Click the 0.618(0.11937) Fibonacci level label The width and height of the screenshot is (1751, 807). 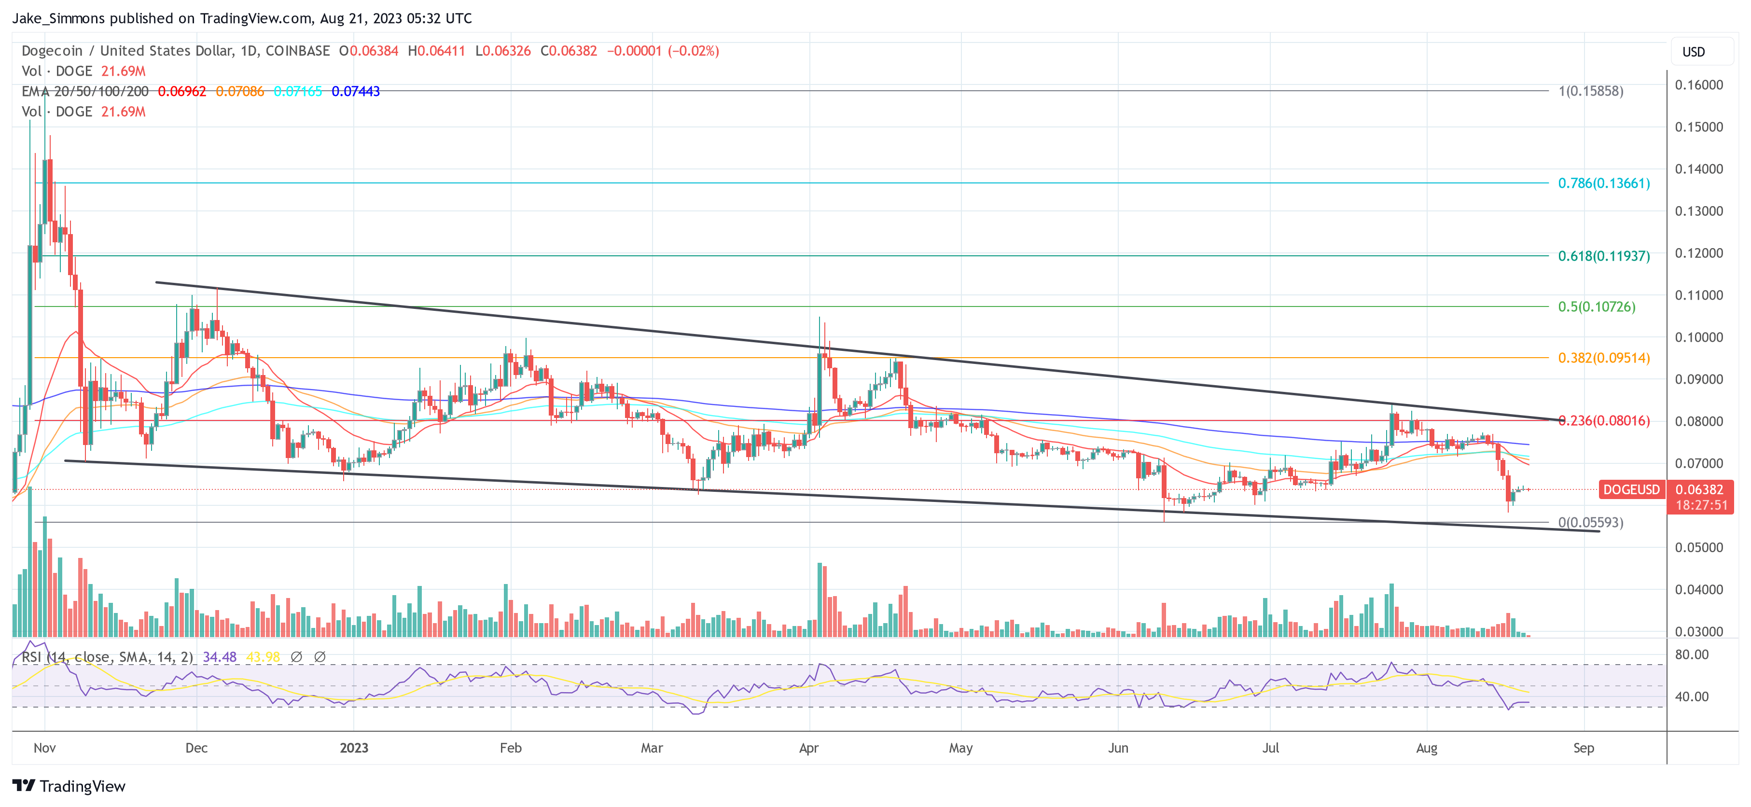(x=1603, y=256)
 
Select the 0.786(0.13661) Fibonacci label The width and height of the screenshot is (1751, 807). (x=1603, y=183)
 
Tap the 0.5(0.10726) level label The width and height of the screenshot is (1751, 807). (x=1596, y=306)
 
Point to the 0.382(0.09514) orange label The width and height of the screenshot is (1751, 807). (x=1603, y=358)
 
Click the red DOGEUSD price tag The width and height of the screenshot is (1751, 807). (x=1631, y=489)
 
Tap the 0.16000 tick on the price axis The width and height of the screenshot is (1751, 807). (x=1699, y=85)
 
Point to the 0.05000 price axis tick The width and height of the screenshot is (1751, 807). (x=1699, y=547)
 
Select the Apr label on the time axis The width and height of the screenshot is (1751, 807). (x=808, y=748)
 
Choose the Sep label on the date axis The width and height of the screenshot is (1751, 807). (x=1583, y=748)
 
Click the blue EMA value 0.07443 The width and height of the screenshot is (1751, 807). (x=356, y=91)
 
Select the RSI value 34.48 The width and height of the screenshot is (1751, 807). (x=220, y=657)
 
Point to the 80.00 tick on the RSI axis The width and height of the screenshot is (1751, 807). (x=1691, y=654)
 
